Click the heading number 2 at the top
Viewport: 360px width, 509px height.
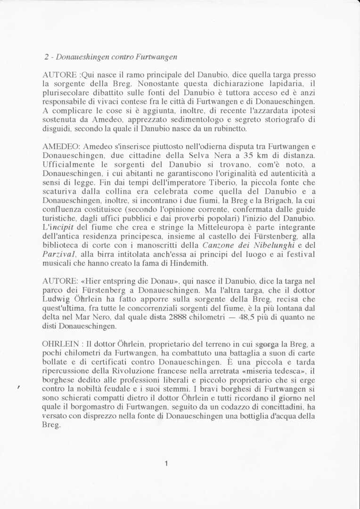point(47,57)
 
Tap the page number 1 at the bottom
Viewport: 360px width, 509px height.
point(166,463)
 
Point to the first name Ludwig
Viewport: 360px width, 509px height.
point(56,299)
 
